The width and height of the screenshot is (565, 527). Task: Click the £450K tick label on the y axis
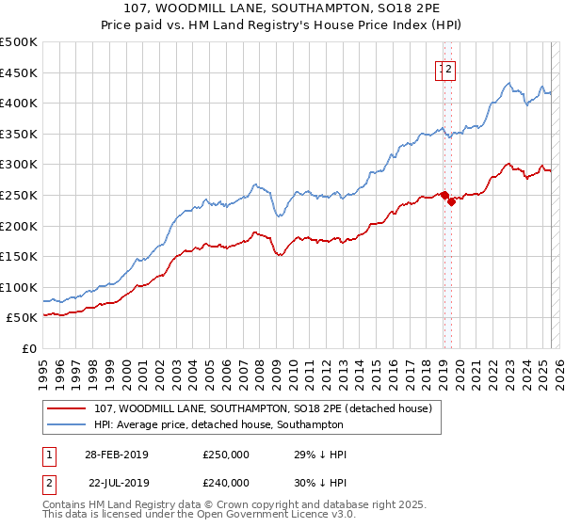coord(19,72)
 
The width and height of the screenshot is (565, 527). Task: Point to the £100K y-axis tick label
coord(19,287)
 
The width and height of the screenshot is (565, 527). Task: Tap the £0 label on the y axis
coord(28,348)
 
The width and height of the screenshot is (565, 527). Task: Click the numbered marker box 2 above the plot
coord(450,68)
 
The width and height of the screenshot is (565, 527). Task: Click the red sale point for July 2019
coord(451,200)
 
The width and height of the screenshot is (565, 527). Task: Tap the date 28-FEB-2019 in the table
coord(117,455)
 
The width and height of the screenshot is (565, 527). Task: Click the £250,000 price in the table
coord(226,455)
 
